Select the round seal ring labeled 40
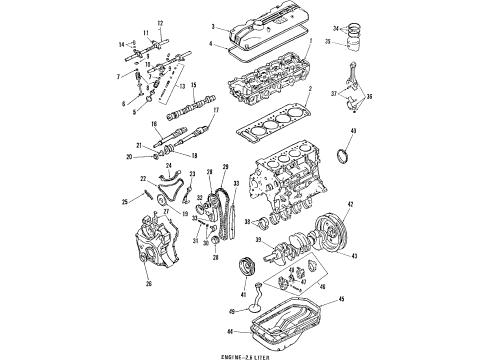[347, 159]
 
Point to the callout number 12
[159, 23]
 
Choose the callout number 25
[125, 203]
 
